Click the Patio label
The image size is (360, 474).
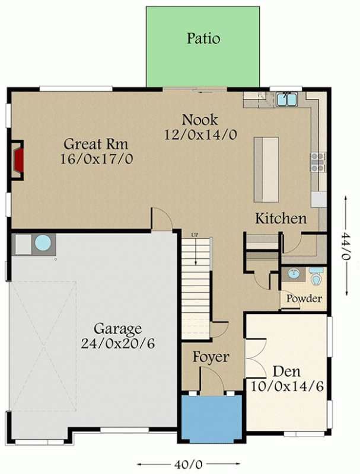[x=203, y=39]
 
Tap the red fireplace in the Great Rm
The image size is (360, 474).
[x=19, y=159]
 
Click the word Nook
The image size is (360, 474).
[x=200, y=120]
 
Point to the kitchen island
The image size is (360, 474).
[x=266, y=169]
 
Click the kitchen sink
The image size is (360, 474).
[x=287, y=98]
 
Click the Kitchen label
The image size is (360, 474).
[x=281, y=219]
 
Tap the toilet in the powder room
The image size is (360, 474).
[x=317, y=276]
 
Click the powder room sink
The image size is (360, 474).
[x=293, y=274]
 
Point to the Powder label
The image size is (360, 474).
[x=304, y=299]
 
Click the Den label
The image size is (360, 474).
[x=286, y=372]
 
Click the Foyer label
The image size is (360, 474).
[x=211, y=357]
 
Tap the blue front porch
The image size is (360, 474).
[x=211, y=418]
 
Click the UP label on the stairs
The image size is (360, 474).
[x=194, y=236]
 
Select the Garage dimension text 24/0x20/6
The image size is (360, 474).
[x=117, y=343]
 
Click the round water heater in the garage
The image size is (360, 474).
[x=43, y=243]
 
